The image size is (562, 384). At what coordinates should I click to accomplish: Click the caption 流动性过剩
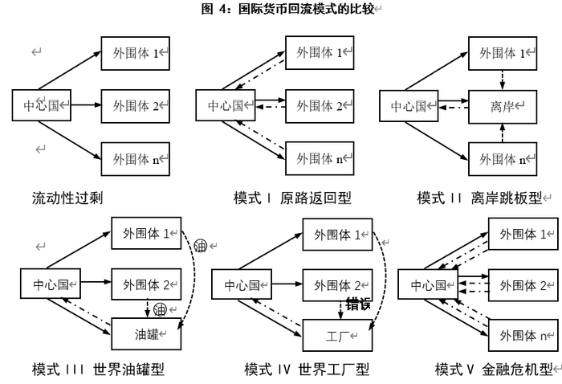(67, 197)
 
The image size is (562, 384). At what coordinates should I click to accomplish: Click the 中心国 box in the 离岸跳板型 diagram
(409, 105)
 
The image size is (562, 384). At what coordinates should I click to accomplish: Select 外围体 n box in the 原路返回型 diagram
(320, 158)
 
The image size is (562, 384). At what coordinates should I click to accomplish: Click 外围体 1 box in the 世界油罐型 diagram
(146, 233)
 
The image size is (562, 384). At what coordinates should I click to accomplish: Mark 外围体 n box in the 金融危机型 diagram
(523, 334)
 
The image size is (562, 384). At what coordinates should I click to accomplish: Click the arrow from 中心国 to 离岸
(454, 105)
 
